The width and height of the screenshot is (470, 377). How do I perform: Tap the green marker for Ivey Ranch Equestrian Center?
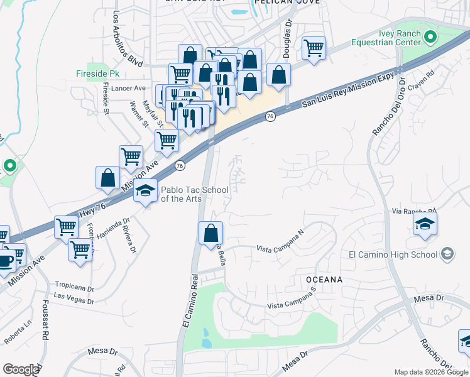click(x=430, y=37)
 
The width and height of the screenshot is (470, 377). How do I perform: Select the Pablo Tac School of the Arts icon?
click(x=146, y=190)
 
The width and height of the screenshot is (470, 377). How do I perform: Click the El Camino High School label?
click(x=393, y=254)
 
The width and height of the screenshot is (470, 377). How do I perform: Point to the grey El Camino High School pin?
click(x=447, y=254)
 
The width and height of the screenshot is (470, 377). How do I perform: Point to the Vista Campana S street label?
click(x=291, y=306)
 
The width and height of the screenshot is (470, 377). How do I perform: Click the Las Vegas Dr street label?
click(x=74, y=296)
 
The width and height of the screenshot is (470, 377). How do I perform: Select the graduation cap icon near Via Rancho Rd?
click(x=425, y=224)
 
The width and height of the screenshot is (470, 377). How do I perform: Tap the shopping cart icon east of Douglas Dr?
click(x=313, y=47)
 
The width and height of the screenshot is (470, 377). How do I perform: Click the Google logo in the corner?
click(x=20, y=369)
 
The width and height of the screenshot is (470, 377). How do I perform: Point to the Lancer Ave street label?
click(x=128, y=89)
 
